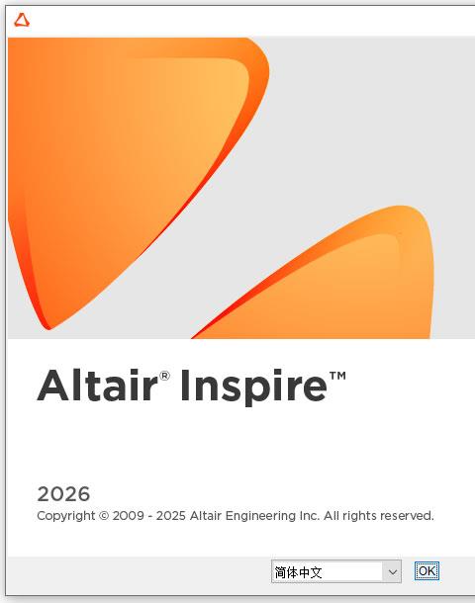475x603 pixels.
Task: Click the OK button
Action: coord(427,571)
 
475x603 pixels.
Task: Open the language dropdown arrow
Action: coord(392,571)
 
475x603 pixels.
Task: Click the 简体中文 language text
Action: coord(298,572)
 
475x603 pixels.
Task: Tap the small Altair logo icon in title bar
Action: coord(22,20)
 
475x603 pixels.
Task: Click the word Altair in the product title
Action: coord(98,385)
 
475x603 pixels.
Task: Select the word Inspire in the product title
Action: coord(254,387)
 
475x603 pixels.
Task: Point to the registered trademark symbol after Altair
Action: coord(164,376)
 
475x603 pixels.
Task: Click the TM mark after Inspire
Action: coord(337,376)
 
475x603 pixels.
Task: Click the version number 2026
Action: coord(63,494)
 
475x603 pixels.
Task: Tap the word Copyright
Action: coord(66,516)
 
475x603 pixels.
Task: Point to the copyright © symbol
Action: coord(104,516)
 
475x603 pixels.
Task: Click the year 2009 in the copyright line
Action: coord(129,516)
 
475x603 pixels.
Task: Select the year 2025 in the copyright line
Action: coord(171,516)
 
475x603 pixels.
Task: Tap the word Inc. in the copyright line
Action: coord(310,516)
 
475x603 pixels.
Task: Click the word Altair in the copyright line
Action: coord(206,516)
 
